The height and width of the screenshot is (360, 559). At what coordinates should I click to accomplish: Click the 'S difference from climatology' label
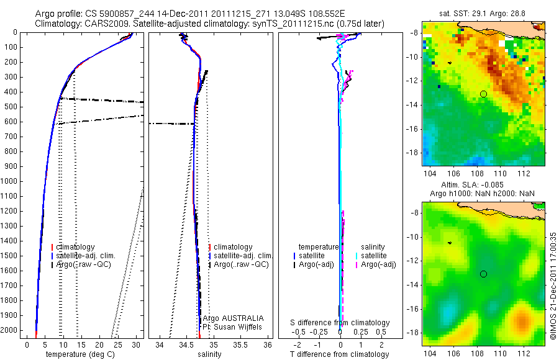click(340, 323)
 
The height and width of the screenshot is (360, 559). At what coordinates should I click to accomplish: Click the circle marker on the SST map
click(483, 94)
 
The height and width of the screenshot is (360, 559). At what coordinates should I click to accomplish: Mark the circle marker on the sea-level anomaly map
click(483, 274)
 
